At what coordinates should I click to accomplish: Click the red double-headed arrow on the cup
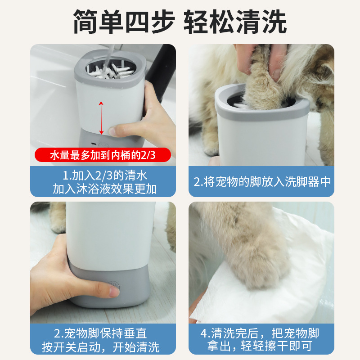[x=101, y=118]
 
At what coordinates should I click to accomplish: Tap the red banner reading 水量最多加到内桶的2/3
[x=103, y=155]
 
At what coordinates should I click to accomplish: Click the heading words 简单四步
[x=124, y=21]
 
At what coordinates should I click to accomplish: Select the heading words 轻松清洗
[x=235, y=21]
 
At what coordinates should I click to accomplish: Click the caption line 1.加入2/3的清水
[x=105, y=175]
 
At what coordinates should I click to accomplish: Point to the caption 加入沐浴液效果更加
[x=105, y=189]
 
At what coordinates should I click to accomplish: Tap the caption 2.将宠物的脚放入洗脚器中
[x=262, y=182]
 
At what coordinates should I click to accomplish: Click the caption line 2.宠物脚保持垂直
[x=100, y=333]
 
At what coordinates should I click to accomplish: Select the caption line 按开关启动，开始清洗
[x=100, y=347]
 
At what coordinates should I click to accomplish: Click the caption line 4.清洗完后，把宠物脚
[x=260, y=333]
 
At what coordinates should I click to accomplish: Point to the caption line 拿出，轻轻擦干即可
[x=260, y=346]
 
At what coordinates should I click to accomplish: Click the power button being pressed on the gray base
[x=114, y=285]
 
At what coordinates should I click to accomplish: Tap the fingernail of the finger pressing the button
[x=114, y=292]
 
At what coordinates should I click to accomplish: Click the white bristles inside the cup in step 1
[x=110, y=71]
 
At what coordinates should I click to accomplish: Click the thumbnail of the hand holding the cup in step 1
[x=112, y=131]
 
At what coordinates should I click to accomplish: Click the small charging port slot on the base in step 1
[x=94, y=144]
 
